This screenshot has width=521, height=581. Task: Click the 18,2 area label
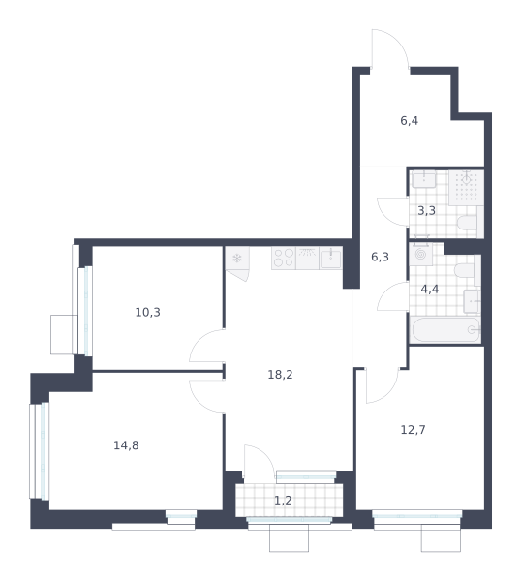pyautogui.click(x=280, y=375)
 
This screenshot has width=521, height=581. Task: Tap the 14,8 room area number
pyautogui.click(x=126, y=445)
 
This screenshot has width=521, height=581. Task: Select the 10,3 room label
pyautogui.click(x=147, y=313)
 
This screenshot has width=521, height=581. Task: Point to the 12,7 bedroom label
pyautogui.click(x=414, y=430)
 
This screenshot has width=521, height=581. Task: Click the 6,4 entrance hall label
pyautogui.click(x=409, y=121)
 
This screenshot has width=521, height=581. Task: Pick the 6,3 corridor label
pyautogui.click(x=380, y=257)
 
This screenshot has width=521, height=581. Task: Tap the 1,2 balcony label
pyautogui.click(x=283, y=501)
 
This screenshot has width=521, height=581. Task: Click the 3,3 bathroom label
pyautogui.click(x=426, y=211)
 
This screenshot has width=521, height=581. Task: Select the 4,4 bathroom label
pyautogui.click(x=430, y=289)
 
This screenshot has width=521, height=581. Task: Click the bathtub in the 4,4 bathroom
pyautogui.click(x=445, y=330)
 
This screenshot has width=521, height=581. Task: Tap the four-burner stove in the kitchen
pyautogui.click(x=284, y=258)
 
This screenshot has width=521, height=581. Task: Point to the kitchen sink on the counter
pyautogui.click(x=330, y=258)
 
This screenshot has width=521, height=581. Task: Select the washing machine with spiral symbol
pyautogui.click(x=420, y=254)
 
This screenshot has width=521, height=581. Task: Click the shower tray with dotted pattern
pyautogui.click(x=467, y=188)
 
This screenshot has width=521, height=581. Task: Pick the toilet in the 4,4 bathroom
pyautogui.click(x=467, y=270)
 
